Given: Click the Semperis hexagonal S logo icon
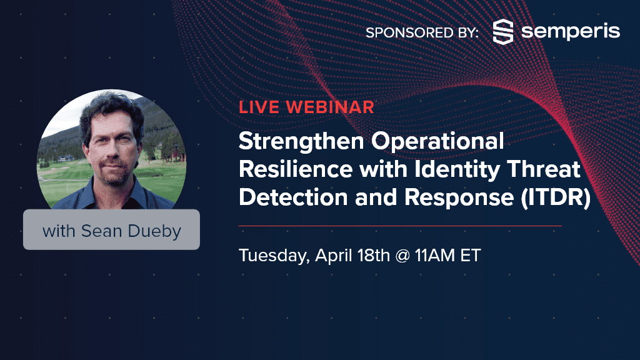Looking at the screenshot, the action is pos(503,31).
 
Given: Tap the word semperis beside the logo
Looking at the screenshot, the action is pos(571,32).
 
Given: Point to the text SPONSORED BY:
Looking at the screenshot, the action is pos(422,32).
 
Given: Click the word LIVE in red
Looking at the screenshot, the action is pos(259,107).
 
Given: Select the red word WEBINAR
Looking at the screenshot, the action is pos(330,107).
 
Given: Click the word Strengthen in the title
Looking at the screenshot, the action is pos(301,142).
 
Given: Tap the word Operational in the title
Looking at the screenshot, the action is pos(437,142).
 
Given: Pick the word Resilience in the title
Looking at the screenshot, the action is pos(296,169).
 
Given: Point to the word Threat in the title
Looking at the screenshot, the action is pos(544,169).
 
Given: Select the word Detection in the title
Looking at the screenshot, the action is pos(294,197).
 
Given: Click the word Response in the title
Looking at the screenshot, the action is pos(459,198).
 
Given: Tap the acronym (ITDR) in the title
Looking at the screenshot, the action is pos(556,198).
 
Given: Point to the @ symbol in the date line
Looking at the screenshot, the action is pos(402,256).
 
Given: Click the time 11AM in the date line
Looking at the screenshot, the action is pos(435,256).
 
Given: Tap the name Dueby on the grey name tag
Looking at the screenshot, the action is pos(154,231).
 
